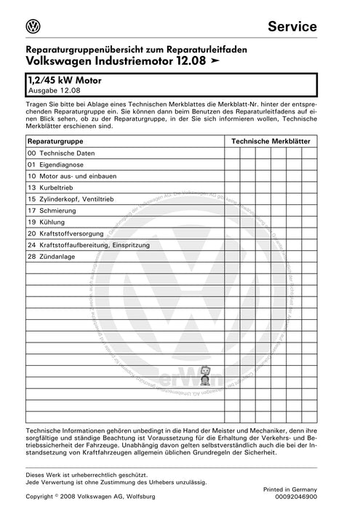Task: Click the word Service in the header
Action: tap(292, 27)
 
